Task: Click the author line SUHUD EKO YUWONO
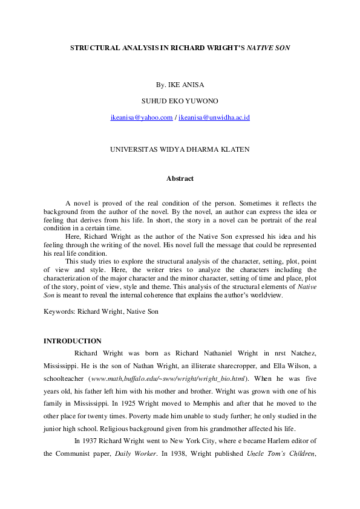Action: (180, 101)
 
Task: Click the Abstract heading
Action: (180, 178)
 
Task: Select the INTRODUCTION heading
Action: (72, 341)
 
